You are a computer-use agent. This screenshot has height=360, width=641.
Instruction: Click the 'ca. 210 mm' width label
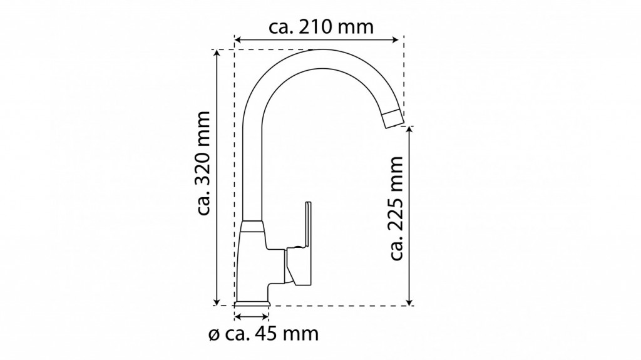(321, 27)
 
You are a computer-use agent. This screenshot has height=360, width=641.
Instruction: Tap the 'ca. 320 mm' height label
(203, 163)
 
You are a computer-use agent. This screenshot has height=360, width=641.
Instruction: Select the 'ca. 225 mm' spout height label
(396, 208)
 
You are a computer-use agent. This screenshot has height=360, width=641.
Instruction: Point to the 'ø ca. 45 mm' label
(264, 334)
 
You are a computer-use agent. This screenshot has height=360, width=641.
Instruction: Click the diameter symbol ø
(214, 335)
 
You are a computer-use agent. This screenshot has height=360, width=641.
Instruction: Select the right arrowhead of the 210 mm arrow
(396, 39)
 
